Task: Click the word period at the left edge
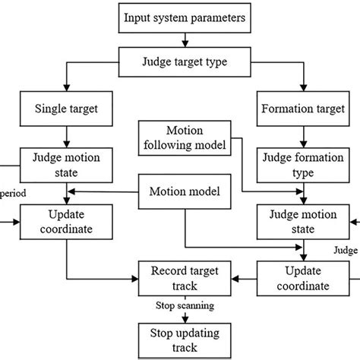14,193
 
